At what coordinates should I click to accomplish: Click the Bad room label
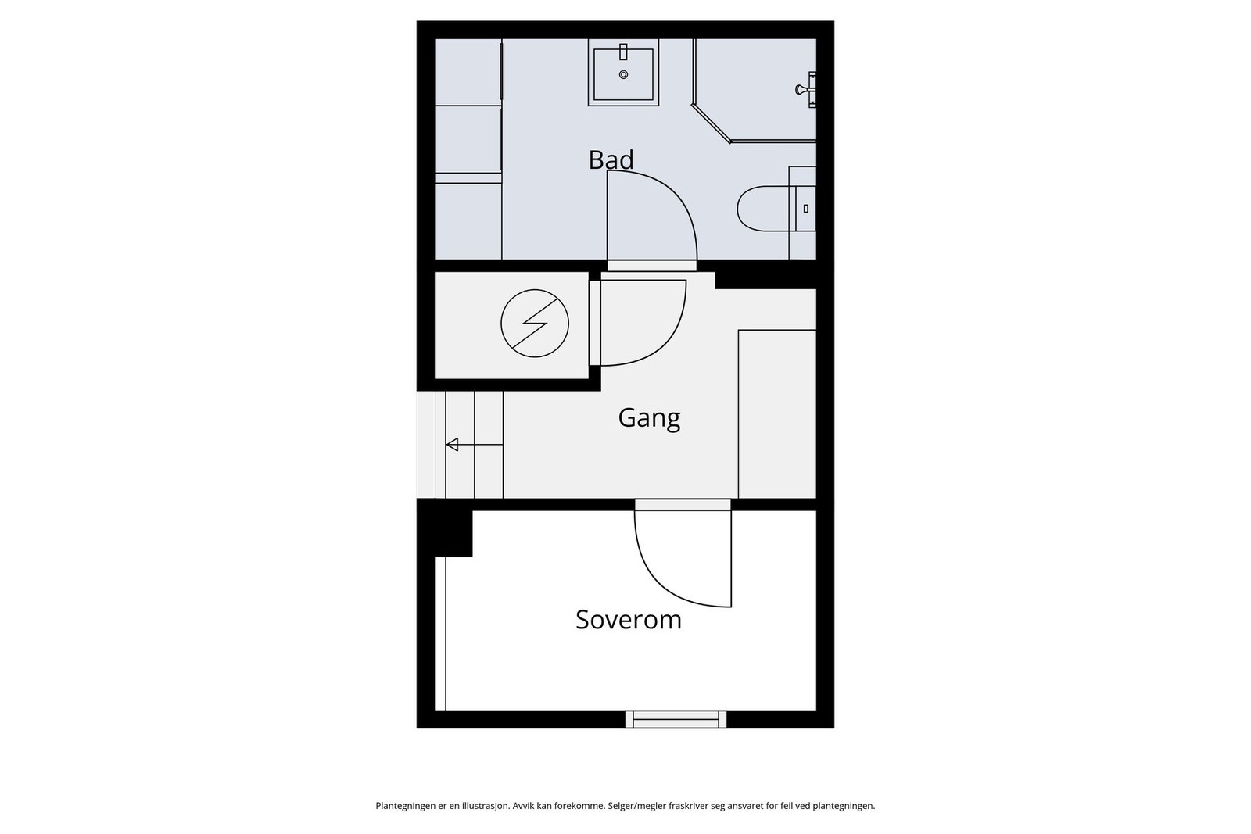[611, 160]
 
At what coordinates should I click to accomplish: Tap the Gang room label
[649, 418]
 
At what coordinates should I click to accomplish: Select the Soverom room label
[629, 620]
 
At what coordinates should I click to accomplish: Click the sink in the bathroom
[623, 73]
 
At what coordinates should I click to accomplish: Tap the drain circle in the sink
[623, 75]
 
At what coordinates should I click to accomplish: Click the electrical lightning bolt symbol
[535, 323]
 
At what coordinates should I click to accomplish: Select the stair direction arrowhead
[452, 445]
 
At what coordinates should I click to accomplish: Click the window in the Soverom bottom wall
[676, 719]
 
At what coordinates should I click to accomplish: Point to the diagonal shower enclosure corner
[711, 123]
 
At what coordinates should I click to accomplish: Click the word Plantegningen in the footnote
[405, 806]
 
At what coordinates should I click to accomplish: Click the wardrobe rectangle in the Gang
[777, 413]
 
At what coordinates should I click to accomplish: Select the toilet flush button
[806, 209]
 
